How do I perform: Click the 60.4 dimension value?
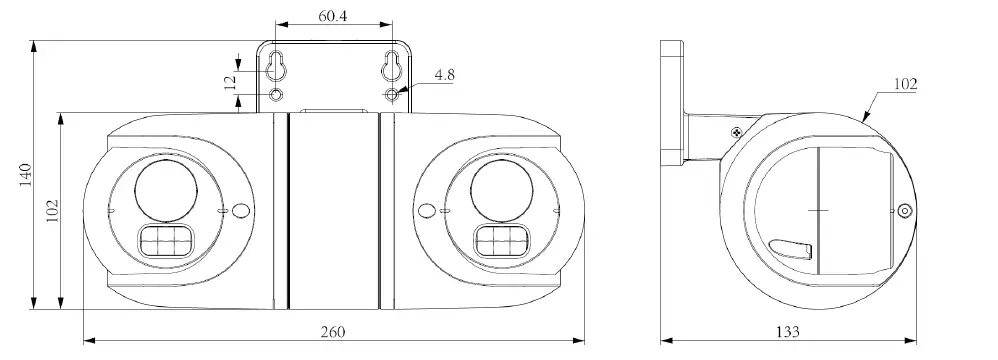(332, 16)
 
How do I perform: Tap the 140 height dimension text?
(25, 174)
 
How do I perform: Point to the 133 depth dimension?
(787, 331)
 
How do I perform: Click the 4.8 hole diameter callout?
(444, 75)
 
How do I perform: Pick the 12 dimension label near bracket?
(230, 81)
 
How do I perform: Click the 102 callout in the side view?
(905, 84)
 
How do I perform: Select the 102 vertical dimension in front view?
(52, 211)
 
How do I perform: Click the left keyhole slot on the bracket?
(275, 66)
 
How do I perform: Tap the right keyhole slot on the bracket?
(391, 66)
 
